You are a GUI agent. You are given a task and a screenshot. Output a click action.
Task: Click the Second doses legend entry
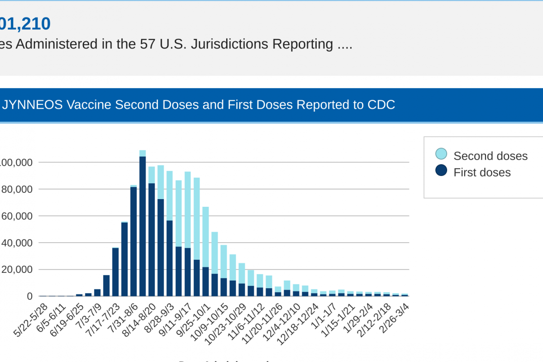tap(491, 156)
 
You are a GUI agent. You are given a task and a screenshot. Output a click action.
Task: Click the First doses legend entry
tap(482, 172)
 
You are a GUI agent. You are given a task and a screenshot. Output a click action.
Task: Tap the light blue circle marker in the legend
tap(441, 154)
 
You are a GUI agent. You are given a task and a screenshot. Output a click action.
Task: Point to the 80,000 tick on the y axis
tap(18, 189)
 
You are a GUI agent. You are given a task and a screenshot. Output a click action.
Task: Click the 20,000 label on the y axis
tap(18, 270)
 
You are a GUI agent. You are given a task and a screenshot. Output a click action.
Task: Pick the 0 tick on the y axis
tap(29, 296)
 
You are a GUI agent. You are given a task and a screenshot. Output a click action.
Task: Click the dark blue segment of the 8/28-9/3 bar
tap(170, 258)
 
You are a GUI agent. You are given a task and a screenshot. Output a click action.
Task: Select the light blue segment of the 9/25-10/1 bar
tap(205, 235)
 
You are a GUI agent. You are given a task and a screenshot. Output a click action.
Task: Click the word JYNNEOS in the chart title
tap(32, 105)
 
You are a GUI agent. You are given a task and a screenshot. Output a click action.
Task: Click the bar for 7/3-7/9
tap(97, 292)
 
